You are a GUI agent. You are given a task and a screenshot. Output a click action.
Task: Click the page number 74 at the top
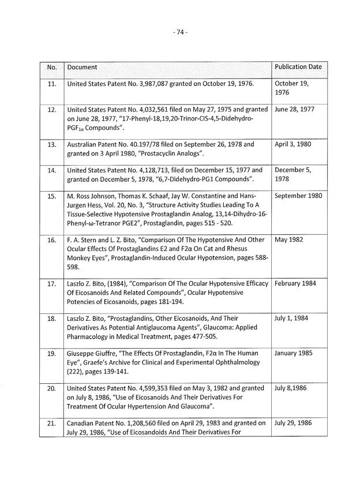pyautogui.click(x=180, y=33)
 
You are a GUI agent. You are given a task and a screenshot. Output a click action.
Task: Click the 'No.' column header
pyautogui.click(x=51, y=68)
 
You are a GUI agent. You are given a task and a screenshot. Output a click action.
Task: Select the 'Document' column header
pyautogui.click(x=82, y=68)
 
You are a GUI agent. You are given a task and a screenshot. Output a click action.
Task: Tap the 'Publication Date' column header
pyautogui.click(x=298, y=67)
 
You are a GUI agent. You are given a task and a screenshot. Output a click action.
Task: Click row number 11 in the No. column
pyautogui.click(x=51, y=84)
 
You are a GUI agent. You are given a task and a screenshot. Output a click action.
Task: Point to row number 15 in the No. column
pyautogui.click(x=51, y=196)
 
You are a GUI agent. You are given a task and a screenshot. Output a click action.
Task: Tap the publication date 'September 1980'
pyautogui.click(x=298, y=196)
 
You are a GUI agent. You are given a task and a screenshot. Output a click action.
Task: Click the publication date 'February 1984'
pyautogui.click(x=296, y=283)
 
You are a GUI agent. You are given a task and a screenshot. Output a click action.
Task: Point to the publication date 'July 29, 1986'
pyautogui.click(x=294, y=423)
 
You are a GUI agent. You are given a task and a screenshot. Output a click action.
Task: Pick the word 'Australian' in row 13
pyautogui.click(x=82, y=145)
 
